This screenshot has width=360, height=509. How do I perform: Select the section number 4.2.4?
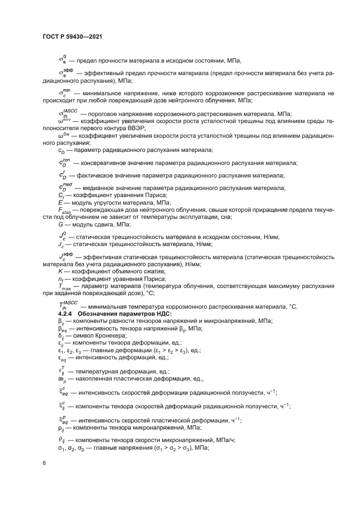tap(68, 314)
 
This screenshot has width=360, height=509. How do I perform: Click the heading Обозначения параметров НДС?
tap(126, 314)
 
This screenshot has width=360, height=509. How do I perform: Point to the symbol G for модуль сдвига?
tap(60, 224)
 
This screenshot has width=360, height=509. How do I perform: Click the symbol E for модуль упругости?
tap(60, 202)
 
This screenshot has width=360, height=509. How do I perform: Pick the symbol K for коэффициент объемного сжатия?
tap(60, 271)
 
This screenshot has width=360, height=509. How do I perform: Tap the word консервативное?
tap(102, 163)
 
